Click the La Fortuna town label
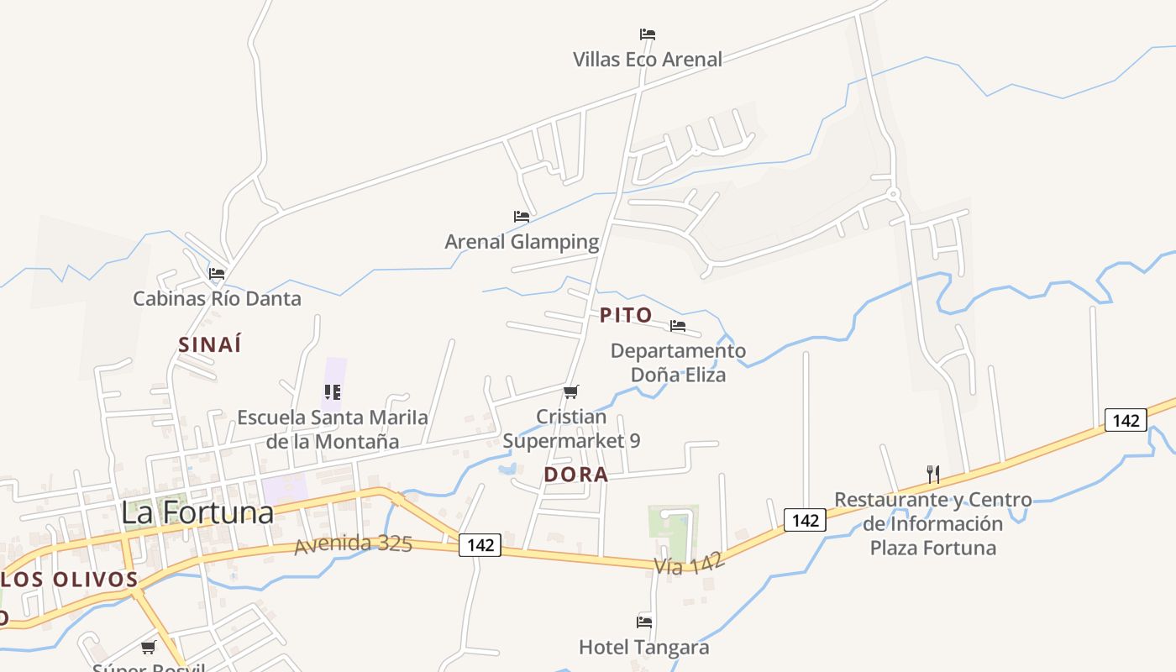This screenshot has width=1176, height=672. pos(197,512)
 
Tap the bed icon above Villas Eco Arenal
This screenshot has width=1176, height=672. pos(647,34)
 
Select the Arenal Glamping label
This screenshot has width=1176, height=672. pos(522,242)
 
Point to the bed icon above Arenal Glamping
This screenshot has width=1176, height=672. pos(522,217)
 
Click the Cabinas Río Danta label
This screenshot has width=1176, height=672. pos(217,298)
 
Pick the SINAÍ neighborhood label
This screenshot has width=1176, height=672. pos(210,344)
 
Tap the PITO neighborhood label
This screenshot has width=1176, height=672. pos(626,315)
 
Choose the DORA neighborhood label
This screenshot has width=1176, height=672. pos(575,475)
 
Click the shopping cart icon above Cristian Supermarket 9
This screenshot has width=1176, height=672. pos(571,391)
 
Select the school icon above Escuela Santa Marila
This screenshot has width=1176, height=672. pos(333,392)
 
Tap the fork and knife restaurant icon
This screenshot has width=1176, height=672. pos(932,474)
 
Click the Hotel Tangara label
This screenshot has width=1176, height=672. pos(643,648)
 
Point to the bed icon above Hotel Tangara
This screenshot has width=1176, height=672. pos(644,622)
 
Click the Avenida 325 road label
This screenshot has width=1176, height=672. pos(354,544)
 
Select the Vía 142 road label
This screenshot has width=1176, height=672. pos(689,565)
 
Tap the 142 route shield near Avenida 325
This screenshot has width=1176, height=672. pos(480,545)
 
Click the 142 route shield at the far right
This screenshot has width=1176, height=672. pos(1125,420)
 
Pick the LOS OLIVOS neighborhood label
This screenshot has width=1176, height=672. pos(70,580)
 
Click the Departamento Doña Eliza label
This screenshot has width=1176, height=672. pos(678,362)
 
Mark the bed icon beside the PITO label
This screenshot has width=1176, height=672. pos(678,326)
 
